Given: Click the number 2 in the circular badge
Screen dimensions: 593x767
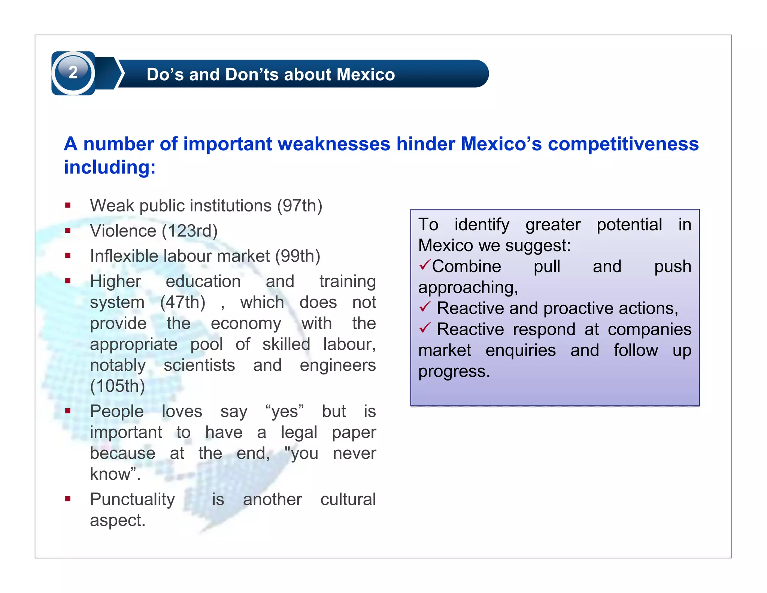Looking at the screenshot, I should (x=73, y=72).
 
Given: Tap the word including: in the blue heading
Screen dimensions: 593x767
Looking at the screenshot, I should (x=110, y=167).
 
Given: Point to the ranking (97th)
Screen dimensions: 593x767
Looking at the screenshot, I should (x=300, y=206).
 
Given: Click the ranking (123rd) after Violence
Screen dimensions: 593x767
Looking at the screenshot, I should (x=190, y=231).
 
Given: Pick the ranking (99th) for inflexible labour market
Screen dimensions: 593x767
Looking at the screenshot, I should (x=298, y=256).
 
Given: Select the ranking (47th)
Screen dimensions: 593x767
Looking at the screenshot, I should (x=183, y=302).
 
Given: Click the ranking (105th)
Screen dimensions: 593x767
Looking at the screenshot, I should (x=118, y=386).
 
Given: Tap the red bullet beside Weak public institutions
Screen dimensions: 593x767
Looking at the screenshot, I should (x=68, y=205).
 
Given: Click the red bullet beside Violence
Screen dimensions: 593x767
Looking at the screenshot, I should (x=68, y=231).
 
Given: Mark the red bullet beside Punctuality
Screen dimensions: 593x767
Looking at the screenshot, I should (x=68, y=499).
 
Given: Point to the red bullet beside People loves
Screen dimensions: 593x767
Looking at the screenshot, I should (x=68, y=411).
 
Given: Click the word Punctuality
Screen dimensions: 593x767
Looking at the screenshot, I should (x=133, y=499).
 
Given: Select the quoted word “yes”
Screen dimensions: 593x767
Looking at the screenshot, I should (x=285, y=411).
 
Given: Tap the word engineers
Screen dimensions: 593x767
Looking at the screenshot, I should (x=338, y=365).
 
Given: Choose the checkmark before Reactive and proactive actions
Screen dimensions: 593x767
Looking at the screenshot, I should (x=425, y=307).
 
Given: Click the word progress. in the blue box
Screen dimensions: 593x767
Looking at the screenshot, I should (x=454, y=371).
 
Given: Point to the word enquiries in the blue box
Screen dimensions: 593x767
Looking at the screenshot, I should (x=521, y=350).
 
